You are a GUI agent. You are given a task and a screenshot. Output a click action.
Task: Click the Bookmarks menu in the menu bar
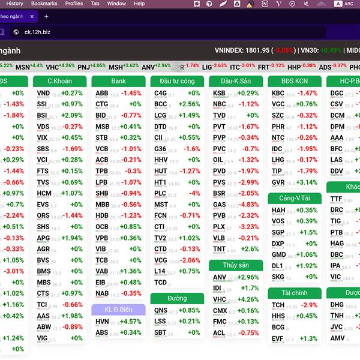[44, 4]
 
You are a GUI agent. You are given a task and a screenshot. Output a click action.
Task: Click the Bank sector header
[118, 81]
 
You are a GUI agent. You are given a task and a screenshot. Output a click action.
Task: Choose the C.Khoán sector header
[59, 81]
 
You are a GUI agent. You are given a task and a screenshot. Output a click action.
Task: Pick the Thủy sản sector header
[236, 265]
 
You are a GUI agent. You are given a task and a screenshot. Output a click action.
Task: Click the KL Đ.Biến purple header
[118, 310]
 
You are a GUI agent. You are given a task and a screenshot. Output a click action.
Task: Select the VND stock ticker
[43, 94]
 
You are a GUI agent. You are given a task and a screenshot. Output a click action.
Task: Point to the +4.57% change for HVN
[131, 322]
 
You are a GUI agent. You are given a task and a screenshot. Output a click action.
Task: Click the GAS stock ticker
[220, 205]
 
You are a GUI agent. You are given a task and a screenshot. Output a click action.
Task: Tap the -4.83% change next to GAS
[248, 205]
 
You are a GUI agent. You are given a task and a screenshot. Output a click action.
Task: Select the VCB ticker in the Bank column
[102, 149]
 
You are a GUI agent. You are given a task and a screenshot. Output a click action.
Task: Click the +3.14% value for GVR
[307, 182]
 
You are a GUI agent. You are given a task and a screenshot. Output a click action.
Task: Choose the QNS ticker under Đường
[161, 310]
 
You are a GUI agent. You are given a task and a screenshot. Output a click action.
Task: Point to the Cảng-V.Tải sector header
[295, 198]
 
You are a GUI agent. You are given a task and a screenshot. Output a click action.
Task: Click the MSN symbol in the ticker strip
[22, 67]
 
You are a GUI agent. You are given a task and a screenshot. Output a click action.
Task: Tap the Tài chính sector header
[295, 293]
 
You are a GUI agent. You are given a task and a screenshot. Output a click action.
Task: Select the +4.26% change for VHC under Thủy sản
[248, 299]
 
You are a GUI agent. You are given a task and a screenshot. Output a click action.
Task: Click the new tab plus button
[46, 16]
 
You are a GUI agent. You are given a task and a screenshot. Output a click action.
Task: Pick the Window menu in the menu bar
[116, 4]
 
